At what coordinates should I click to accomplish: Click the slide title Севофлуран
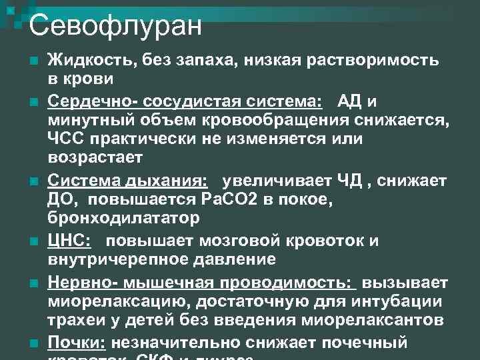click(115, 26)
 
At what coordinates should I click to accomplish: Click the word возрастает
click(95, 159)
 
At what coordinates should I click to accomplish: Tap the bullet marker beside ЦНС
click(32, 241)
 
